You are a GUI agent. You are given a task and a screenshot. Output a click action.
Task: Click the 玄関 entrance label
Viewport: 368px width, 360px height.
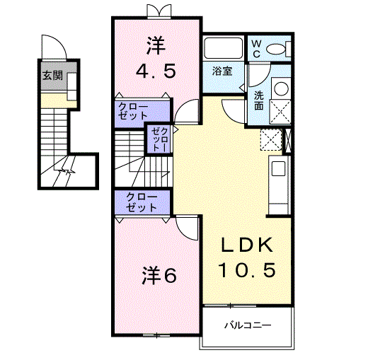(x=52, y=76)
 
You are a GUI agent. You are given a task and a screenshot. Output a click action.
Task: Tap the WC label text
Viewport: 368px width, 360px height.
(x=256, y=49)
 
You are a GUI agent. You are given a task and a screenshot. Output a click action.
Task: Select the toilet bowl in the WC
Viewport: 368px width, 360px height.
(x=275, y=49)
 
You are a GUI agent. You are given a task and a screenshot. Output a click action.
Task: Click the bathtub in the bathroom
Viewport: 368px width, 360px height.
(x=223, y=48)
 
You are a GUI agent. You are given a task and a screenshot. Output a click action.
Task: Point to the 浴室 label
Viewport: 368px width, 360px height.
(x=222, y=71)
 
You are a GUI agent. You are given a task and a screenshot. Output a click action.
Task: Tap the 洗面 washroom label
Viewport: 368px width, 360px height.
(x=259, y=100)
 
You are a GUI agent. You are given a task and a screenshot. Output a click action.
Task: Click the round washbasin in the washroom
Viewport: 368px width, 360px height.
(x=282, y=88)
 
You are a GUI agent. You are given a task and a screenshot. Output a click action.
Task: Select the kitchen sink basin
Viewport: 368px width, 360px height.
(x=278, y=168)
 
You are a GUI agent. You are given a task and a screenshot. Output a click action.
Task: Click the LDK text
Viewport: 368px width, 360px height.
(x=247, y=245)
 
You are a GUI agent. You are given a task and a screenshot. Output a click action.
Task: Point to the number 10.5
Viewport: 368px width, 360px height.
(x=247, y=269)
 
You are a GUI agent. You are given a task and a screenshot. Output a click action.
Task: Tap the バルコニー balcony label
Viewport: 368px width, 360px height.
(x=248, y=325)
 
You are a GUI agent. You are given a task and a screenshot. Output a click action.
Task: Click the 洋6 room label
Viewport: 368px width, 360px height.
(x=159, y=276)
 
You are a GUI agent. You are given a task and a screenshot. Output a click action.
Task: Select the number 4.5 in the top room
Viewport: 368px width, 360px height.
(x=156, y=71)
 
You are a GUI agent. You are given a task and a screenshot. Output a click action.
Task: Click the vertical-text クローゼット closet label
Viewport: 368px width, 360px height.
(x=160, y=139)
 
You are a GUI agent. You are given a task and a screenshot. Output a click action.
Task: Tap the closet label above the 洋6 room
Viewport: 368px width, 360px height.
(x=142, y=202)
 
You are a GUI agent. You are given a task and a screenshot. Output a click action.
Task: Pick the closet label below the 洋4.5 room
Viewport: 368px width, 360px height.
(x=132, y=111)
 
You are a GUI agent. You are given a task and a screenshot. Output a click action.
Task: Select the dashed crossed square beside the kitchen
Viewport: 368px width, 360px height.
(x=271, y=139)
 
